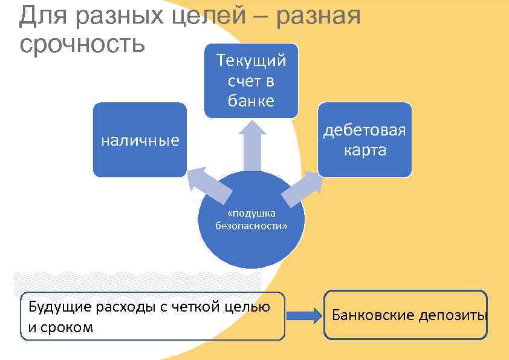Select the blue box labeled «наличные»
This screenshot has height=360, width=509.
(140, 140)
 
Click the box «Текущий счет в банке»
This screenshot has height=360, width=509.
(251, 80)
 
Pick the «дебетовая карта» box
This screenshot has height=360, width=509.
(365, 140)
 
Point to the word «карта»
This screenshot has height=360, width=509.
(365, 150)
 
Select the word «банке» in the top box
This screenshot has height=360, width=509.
(251, 100)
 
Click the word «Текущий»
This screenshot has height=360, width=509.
(251, 61)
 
